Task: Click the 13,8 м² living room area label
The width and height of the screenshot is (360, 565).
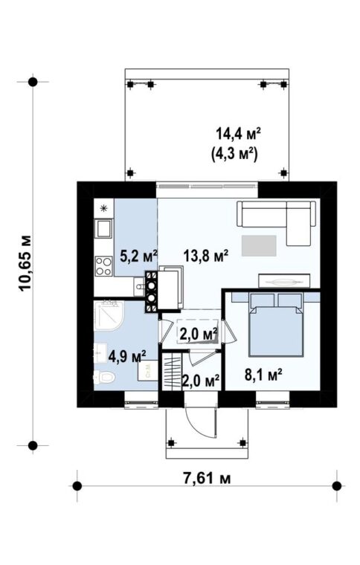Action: (206, 256)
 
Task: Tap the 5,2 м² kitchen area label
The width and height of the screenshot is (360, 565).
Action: (139, 256)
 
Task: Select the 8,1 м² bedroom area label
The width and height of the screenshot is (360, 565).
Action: (263, 375)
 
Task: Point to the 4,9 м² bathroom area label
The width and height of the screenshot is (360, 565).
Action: (127, 357)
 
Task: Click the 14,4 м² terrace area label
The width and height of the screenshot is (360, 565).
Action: (238, 134)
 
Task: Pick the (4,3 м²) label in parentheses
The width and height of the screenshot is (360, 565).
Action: (234, 154)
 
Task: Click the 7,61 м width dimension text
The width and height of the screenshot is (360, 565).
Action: (207, 479)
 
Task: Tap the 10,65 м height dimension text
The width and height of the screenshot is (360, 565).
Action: (25, 263)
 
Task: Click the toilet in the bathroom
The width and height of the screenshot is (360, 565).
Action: (105, 378)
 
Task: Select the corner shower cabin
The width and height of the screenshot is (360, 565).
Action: (109, 316)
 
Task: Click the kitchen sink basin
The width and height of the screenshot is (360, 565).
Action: (104, 228)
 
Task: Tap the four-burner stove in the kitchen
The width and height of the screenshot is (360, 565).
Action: (104, 266)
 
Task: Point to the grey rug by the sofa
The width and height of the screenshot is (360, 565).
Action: (259, 246)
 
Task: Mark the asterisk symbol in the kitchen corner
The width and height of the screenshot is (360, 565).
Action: (104, 208)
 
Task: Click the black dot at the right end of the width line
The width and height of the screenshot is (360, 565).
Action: (337, 486)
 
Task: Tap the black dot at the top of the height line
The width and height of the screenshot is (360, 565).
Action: (33, 83)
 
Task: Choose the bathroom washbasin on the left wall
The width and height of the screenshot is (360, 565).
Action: (100, 352)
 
